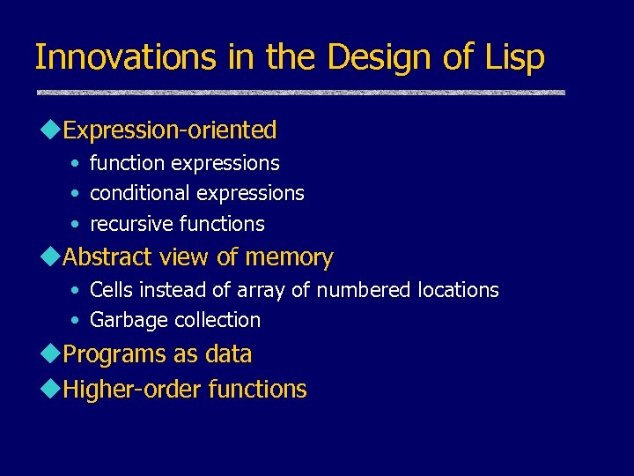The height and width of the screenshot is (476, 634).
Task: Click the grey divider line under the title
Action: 300,93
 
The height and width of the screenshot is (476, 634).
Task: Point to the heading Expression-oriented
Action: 170,130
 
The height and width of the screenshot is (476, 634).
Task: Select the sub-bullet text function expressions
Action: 185,163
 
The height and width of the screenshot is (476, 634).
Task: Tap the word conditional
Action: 141,193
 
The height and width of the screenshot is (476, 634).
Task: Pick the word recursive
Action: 131,224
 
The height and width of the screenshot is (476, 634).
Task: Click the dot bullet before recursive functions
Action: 77,224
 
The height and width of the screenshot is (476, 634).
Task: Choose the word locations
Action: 458,290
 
